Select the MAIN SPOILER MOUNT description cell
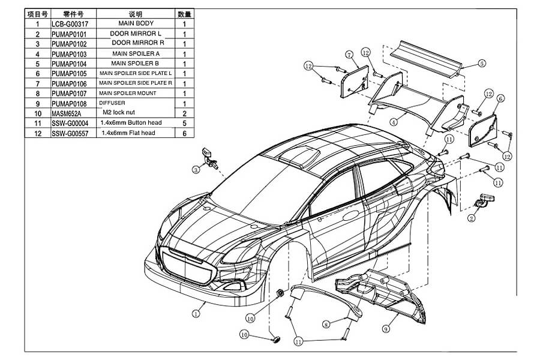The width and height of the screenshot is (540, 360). [127, 94]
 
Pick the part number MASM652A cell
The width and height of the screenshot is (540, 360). [65, 113]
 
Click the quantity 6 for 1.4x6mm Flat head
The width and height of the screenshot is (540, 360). [184, 133]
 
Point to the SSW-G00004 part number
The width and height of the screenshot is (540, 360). [70, 124]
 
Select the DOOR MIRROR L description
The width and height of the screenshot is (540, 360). [136, 34]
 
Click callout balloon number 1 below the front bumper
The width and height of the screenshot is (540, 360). [196, 313]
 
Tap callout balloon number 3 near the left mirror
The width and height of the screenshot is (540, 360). [196, 170]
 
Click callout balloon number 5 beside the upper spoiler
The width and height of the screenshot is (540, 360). [482, 63]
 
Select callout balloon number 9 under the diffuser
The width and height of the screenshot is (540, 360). [386, 329]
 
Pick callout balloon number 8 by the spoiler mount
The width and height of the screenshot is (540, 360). [326, 324]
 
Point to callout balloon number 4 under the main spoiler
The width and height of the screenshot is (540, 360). [394, 122]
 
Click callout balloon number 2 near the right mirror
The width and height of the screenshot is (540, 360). [472, 218]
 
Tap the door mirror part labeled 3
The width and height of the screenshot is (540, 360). [209, 157]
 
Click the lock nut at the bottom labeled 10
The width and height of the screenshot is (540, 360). [275, 340]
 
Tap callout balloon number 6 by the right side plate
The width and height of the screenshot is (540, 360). [500, 98]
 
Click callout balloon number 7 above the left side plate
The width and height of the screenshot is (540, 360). [349, 55]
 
